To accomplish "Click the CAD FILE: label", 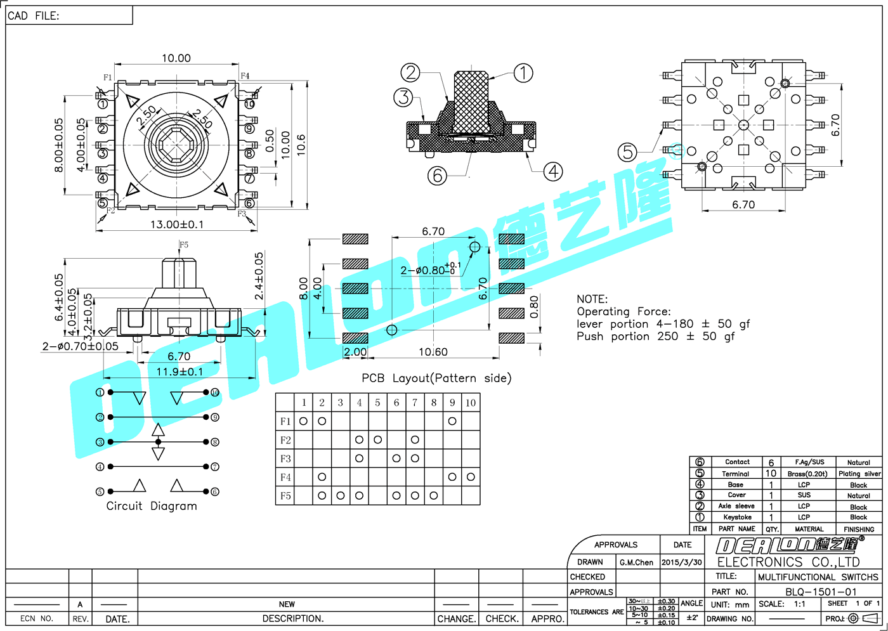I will (34, 16).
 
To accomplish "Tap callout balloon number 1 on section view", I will (523, 73).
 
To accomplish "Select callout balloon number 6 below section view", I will (437, 175).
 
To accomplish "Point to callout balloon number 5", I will (627, 152).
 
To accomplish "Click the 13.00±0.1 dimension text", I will (177, 224).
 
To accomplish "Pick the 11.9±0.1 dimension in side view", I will (180, 372).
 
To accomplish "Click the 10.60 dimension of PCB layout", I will (433, 352).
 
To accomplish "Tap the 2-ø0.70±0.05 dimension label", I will (81, 346).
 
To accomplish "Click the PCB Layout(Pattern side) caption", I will (436, 378).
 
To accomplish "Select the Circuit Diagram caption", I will (152, 506).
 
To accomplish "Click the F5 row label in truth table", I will (285, 496).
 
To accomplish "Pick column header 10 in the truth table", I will (471, 403).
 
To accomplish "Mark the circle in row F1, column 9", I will (452, 421).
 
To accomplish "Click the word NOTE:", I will (592, 299).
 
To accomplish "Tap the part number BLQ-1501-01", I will (821, 592).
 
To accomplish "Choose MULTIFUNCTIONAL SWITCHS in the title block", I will (818, 577).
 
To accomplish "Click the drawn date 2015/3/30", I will (682, 563).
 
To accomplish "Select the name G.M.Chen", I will (636, 563).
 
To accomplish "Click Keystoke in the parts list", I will (737, 517).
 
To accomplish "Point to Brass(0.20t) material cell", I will (807, 474).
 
